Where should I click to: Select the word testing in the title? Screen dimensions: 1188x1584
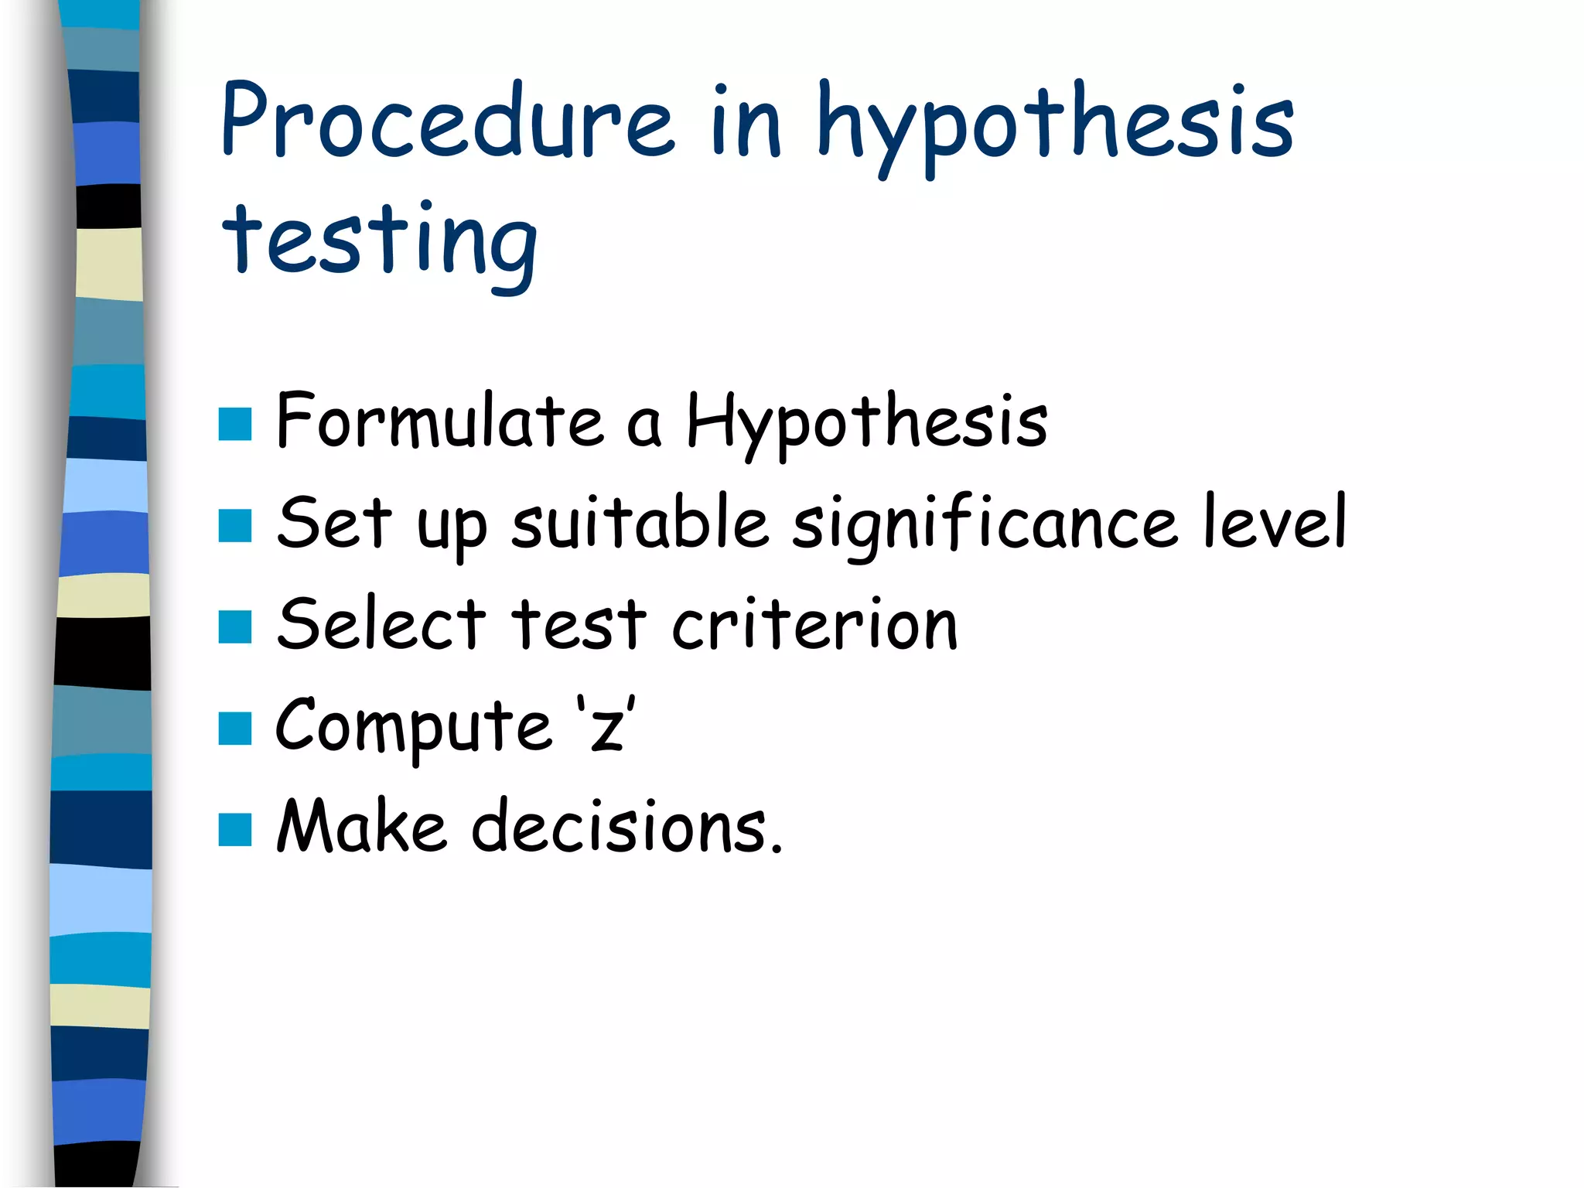tap(379, 244)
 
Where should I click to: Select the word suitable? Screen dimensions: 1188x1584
tap(640, 522)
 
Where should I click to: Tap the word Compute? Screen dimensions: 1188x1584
tap(414, 727)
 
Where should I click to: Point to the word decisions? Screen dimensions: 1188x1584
tap(626, 827)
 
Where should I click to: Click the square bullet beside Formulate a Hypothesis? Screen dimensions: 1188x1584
tap(235, 424)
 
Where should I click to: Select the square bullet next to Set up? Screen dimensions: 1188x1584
tap(235, 525)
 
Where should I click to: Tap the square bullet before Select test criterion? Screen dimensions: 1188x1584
tap(235, 627)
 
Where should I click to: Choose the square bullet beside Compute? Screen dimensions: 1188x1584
tap(235, 729)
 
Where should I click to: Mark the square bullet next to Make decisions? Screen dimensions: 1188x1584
tap(235, 830)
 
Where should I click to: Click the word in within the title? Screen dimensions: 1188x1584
tap(746, 121)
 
